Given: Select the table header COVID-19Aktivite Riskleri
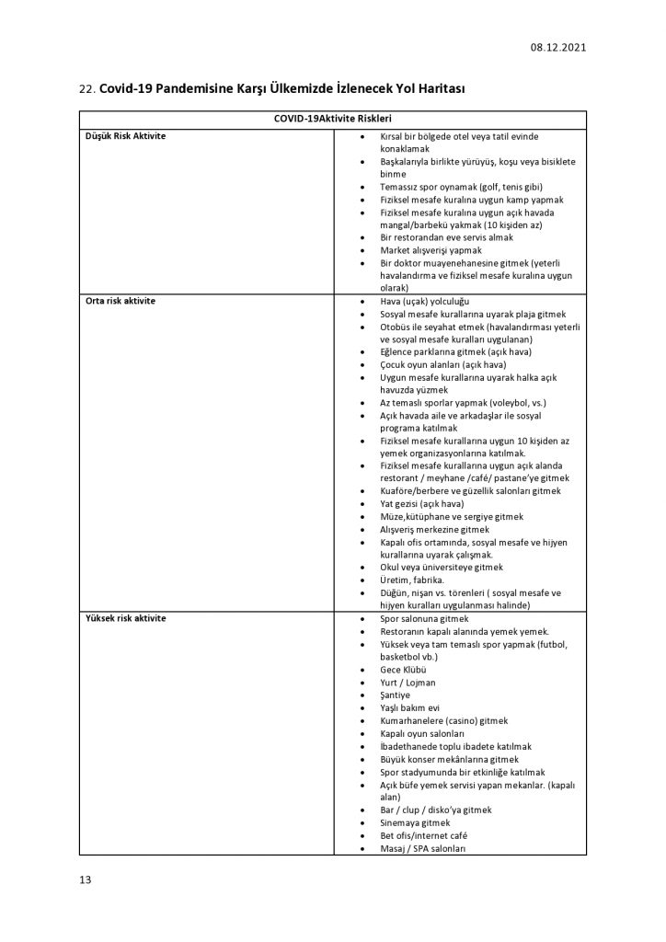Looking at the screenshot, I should [x=332, y=120].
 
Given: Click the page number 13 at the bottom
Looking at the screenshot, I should [x=85, y=880].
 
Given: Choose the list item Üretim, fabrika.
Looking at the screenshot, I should [x=413, y=580].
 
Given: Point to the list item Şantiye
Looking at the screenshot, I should [x=396, y=695].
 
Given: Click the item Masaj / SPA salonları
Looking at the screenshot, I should [x=423, y=848].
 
